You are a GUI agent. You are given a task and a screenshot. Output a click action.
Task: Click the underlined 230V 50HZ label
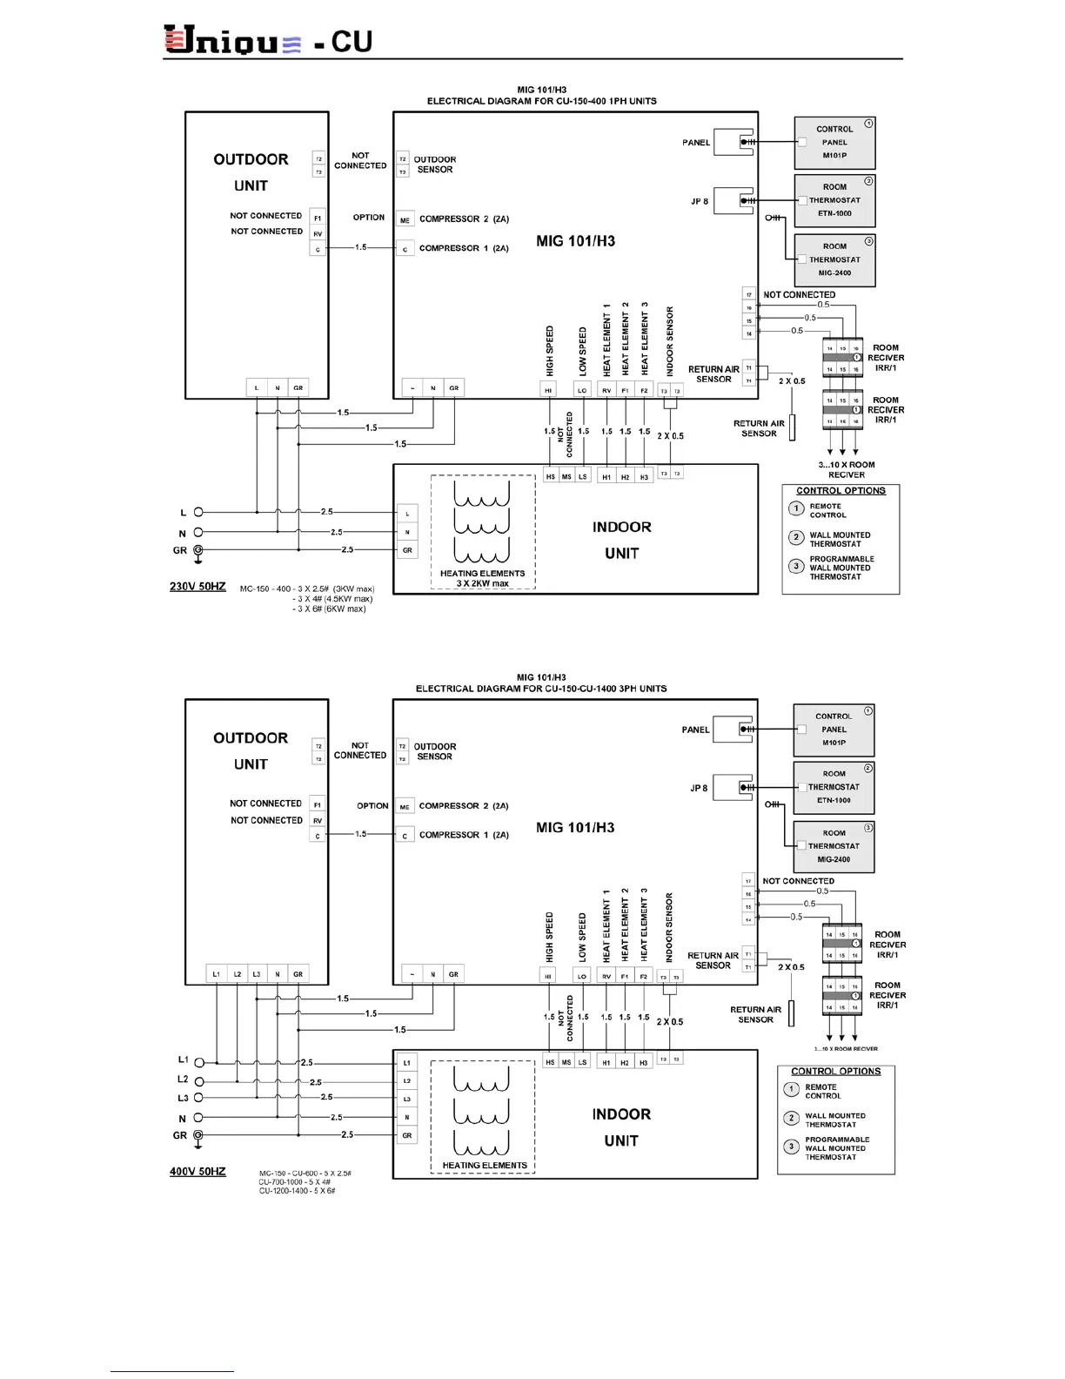198,586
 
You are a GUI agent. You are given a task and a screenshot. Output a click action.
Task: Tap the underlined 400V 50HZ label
198,1171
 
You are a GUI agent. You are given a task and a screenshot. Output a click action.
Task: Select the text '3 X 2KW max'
482,583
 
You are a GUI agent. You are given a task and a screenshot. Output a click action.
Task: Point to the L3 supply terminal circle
198,1098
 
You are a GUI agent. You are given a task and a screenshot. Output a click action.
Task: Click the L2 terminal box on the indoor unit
406,1080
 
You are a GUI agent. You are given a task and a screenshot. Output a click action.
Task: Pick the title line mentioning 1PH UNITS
541,101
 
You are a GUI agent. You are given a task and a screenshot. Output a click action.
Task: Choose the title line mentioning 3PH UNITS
541,689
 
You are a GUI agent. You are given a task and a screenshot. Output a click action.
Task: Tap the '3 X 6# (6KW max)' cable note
329,609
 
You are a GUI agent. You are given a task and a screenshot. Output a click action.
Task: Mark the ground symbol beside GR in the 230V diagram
198,550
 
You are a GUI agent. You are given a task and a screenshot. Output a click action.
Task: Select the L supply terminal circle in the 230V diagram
198,513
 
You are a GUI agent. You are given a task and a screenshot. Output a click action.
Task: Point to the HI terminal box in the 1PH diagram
548,391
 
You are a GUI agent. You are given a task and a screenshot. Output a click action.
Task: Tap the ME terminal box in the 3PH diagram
405,807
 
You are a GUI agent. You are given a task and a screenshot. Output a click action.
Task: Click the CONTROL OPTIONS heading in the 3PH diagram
835,1072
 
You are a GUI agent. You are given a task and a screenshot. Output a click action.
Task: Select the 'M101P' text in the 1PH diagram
834,156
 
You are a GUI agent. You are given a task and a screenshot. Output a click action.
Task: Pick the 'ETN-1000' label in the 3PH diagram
834,800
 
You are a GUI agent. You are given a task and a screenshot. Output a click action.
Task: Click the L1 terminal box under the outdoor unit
216,974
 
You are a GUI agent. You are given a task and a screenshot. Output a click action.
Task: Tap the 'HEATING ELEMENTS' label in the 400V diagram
485,1165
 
